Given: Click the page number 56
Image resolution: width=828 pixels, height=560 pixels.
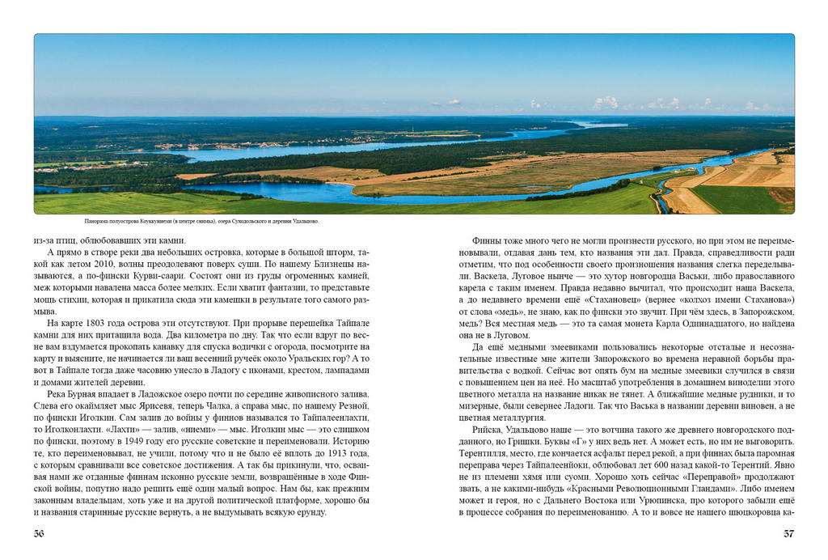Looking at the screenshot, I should (40, 533).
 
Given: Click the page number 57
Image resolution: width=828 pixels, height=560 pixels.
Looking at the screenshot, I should (789, 533).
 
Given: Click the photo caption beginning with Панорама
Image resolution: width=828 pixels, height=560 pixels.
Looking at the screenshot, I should (201, 221).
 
